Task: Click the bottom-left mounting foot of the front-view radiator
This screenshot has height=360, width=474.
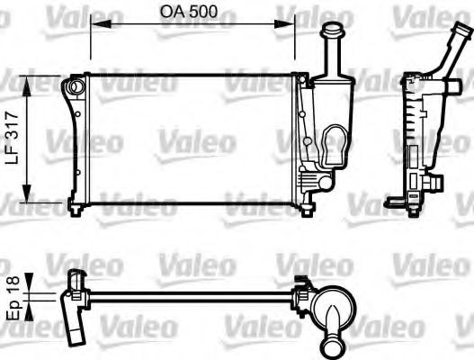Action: (76, 208)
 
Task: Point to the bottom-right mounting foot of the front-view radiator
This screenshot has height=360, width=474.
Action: (309, 208)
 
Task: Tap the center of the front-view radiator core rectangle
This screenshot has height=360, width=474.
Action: (184, 141)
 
